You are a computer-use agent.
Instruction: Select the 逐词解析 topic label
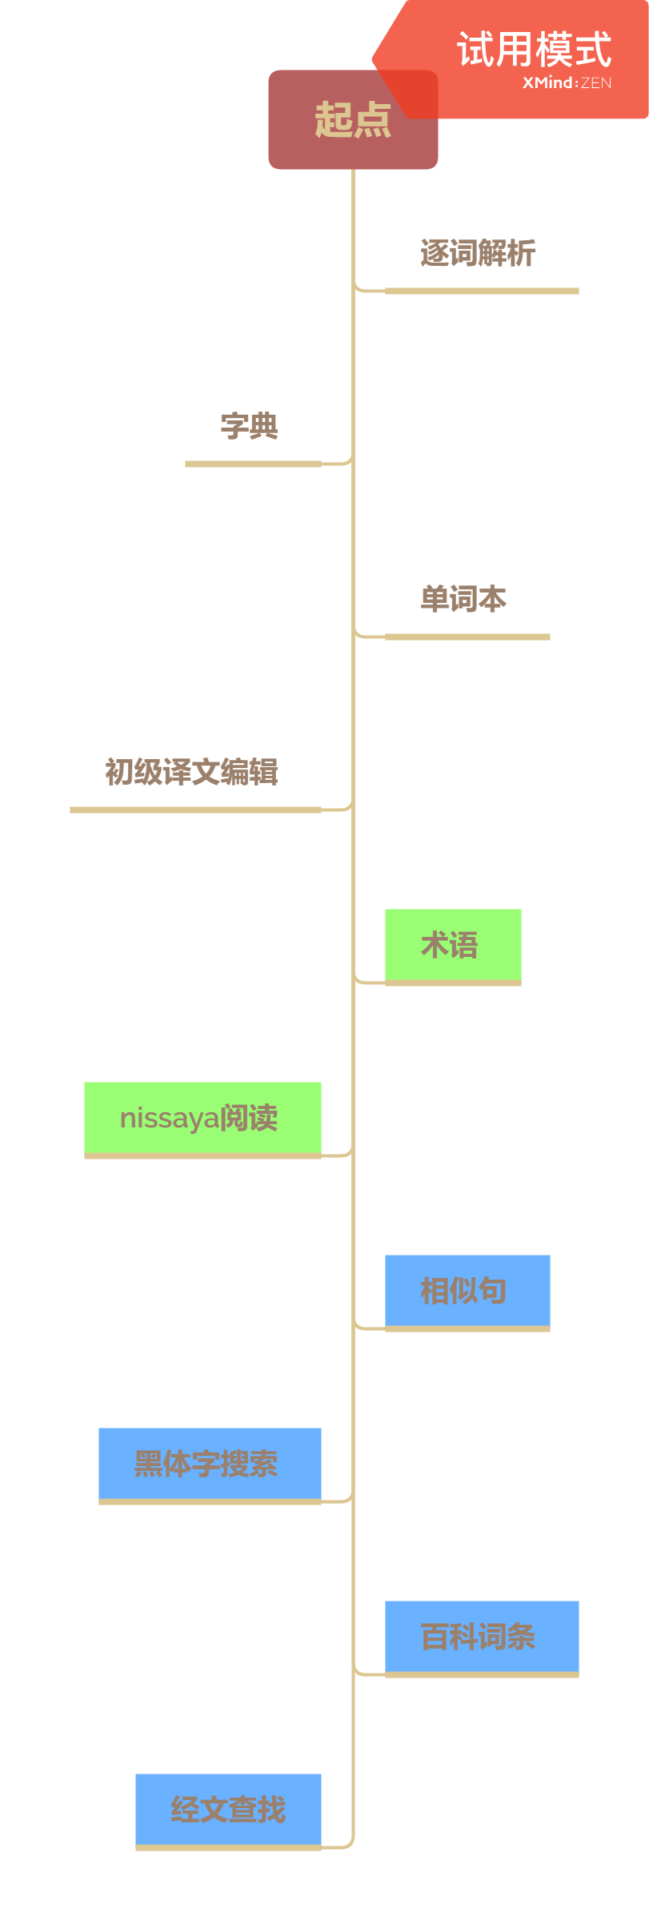478,253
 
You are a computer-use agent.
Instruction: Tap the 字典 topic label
250,426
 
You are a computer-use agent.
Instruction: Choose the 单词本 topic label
463,599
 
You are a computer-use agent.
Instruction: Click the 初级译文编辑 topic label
192,772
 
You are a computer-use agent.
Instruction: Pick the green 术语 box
453,945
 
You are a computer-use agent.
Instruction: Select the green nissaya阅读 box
202,1118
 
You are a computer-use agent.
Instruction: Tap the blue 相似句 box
467,1291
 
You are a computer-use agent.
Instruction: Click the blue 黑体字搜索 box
210,1464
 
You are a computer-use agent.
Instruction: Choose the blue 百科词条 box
482,1637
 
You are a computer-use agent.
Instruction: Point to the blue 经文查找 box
228,1810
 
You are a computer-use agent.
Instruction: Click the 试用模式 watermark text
534,50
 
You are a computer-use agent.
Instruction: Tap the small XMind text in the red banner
548,82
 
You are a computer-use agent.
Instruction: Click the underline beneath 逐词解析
482,291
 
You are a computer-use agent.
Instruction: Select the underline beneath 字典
253,464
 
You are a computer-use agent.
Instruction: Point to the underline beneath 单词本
467,637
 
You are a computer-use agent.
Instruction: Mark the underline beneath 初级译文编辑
195,810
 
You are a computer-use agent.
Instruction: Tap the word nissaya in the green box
158,1119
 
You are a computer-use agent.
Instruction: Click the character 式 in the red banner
593,50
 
